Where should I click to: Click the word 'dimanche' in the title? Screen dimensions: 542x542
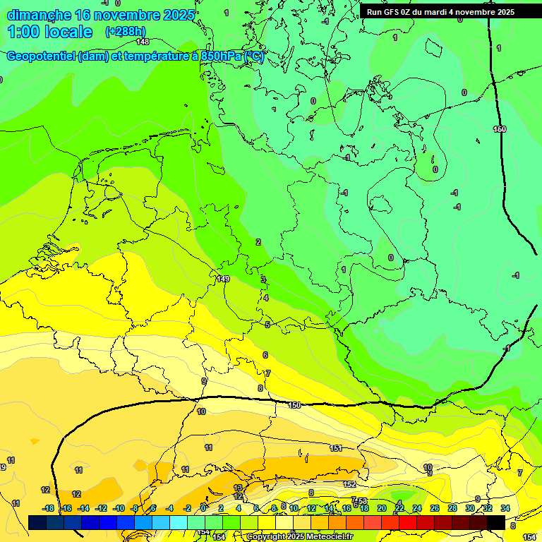coord(38,15)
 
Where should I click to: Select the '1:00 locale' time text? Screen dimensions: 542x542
coord(49,32)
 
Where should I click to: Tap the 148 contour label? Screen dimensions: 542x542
coord(143,42)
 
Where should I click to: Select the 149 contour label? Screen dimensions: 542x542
coord(224,279)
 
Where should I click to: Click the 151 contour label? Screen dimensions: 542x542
coord(337,448)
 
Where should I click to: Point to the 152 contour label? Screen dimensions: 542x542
coord(349,485)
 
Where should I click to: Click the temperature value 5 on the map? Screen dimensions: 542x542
coord(267,325)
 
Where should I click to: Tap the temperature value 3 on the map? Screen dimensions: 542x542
coord(263,279)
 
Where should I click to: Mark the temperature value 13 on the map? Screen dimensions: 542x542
coord(238,488)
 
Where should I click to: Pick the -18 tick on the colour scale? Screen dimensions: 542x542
coord(48,508)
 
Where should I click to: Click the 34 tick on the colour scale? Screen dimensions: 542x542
coord(505,508)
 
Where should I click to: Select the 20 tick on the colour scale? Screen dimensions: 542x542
coord(382,508)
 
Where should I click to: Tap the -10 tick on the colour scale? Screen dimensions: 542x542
coord(119,508)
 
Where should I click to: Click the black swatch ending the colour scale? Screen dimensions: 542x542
coord(495,522)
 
